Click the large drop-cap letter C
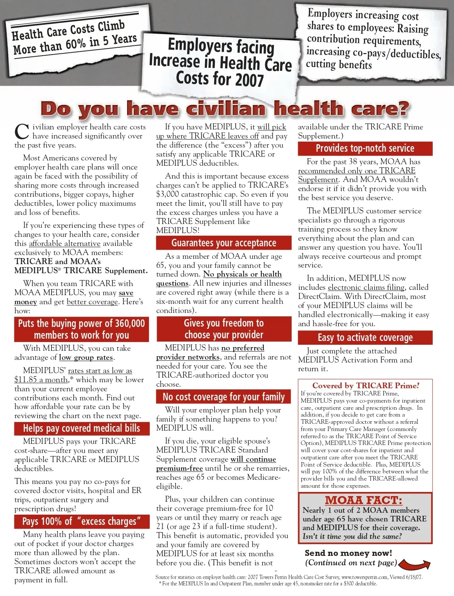22,132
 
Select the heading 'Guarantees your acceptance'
224,243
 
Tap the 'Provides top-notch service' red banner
365,148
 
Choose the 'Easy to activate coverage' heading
365,338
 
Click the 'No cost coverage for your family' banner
224,397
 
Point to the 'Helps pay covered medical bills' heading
81,428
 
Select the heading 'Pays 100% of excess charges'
81,521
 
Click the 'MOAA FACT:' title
364,500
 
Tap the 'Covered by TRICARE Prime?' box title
366,386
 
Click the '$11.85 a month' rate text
41,380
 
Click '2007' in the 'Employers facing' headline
249,80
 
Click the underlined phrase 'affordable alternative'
65,243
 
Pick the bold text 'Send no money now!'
348,553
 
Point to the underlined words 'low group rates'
86,357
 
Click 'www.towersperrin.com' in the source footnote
365,577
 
